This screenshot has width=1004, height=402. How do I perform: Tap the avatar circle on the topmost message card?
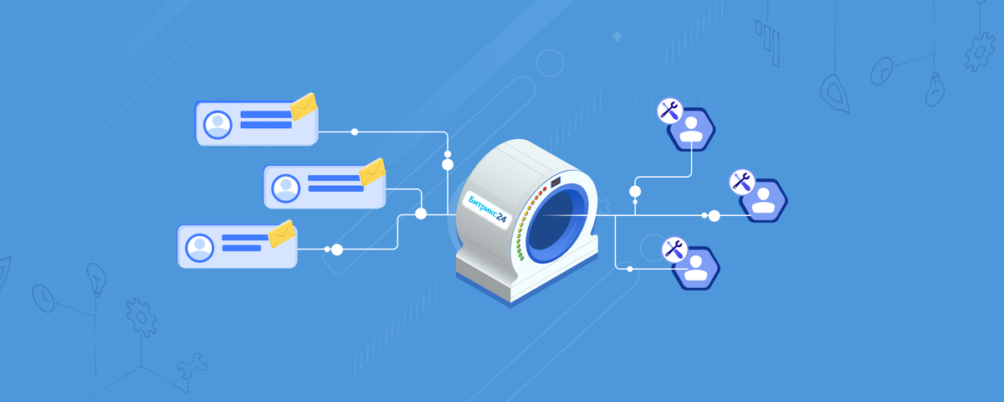click(x=218, y=123)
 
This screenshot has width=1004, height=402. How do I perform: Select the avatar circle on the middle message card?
click(x=286, y=187)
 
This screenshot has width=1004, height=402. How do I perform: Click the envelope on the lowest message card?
click(x=282, y=234)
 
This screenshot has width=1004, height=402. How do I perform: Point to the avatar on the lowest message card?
click(x=199, y=246)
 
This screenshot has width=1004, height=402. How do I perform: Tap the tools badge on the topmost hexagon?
click(x=668, y=111)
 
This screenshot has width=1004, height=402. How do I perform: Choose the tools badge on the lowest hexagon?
click(x=674, y=249)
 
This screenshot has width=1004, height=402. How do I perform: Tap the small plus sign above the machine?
click(x=617, y=37)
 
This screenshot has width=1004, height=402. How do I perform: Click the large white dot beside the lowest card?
click(x=337, y=250)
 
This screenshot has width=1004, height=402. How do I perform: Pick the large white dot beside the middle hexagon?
click(x=714, y=216)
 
